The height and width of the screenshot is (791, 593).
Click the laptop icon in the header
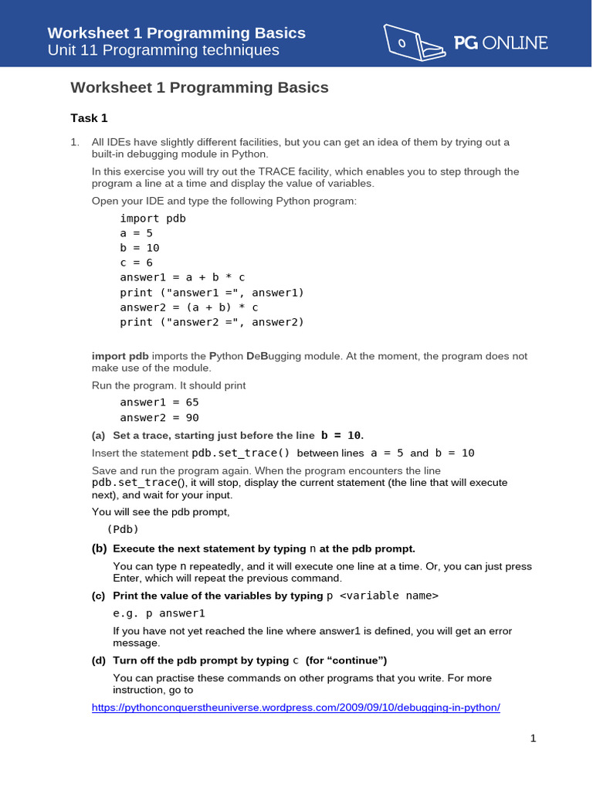click(414, 42)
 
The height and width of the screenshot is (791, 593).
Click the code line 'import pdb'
click(153, 219)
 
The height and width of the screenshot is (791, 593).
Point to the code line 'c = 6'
click(136, 263)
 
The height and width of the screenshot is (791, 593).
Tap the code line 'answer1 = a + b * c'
click(182, 277)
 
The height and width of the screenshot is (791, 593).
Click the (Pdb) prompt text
click(123, 529)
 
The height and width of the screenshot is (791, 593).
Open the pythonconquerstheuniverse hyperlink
click(296, 708)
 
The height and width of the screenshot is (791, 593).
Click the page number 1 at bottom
click(533, 738)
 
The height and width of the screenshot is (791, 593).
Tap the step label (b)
click(99, 549)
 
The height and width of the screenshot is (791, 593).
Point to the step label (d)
click(99, 660)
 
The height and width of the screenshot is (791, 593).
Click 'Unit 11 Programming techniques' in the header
click(163, 51)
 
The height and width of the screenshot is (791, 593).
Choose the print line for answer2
click(212, 322)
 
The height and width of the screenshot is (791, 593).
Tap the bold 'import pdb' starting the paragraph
click(120, 356)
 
